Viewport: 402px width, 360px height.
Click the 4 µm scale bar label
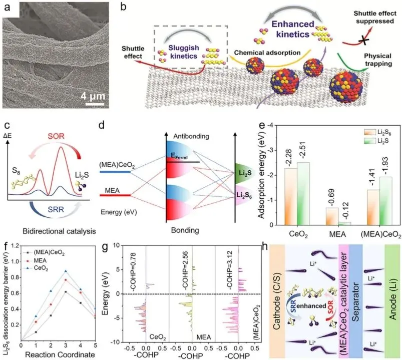click(x=93, y=97)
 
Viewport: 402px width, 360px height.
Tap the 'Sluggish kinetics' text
click(x=184, y=52)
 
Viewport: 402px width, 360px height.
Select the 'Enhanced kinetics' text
click(x=293, y=29)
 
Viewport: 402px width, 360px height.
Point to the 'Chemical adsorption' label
click(x=267, y=53)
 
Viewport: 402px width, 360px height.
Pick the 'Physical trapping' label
click(x=378, y=60)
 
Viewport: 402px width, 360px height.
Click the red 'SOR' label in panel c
click(x=56, y=136)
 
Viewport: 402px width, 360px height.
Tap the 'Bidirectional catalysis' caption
click(x=59, y=231)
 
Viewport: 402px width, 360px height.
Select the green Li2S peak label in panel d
click(x=245, y=173)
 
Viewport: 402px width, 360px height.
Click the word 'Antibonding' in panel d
click(x=191, y=136)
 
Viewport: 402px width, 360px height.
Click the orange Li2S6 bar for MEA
click(x=332, y=216)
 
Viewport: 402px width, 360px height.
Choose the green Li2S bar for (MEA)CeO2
click(x=385, y=201)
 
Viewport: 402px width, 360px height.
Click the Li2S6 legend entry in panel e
click(x=376, y=132)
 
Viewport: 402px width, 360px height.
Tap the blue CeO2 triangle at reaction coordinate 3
click(x=66, y=271)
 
